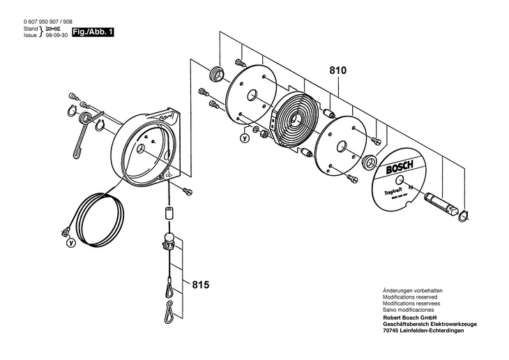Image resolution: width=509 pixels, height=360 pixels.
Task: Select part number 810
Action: click(x=338, y=70)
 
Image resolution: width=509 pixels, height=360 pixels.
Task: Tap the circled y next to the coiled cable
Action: click(x=70, y=243)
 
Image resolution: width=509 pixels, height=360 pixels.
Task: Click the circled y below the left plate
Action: click(x=243, y=138)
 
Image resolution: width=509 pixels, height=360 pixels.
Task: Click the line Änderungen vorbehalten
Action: click(x=413, y=290)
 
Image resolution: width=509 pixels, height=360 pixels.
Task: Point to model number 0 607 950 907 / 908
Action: click(x=47, y=22)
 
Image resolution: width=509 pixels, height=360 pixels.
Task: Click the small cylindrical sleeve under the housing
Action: click(x=168, y=212)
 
